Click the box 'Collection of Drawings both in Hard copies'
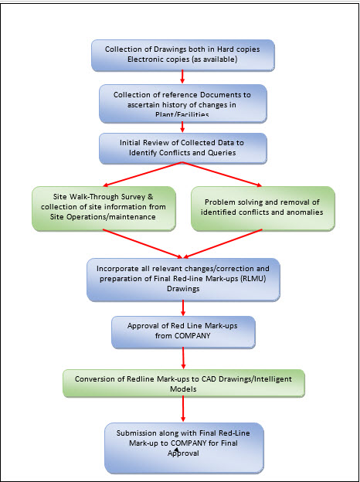pyautogui.click(x=183, y=56)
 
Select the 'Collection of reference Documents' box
pyautogui.click(x=183, y=104)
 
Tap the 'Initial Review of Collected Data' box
pyautogui.click(x=183, y=148)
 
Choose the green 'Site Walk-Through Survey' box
pyautogui.click(x=104, y=209)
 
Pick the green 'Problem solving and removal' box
pyautogui.click(x=263, y=209)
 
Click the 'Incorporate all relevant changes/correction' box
pyautogui.click(x=183, y=280)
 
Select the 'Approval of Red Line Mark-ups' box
pyautogui.click(x=183, y=332)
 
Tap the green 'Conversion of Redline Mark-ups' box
pyautogui.click(x=184, y=383)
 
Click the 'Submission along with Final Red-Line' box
pyautogui.click(x=184, y=448)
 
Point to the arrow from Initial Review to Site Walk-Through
pyautogui.click(x=143, y=175)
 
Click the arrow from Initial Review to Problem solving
pyautogui.click(x=222, y=175)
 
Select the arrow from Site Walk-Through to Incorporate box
pyautogui.click(x=143, y=243)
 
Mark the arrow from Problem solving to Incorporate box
pyautogui.click(x=223, y=243)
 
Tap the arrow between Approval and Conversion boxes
pyautogui.click(x=183, y=358)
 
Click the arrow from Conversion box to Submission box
pyautogui.click(x=183, y=409)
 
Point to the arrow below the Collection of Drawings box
pyautogui.click(x=182, y=76)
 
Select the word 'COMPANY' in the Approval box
pyautogui.click(x=192, y=335)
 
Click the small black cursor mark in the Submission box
pyautogui.click(x=176, y=450)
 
